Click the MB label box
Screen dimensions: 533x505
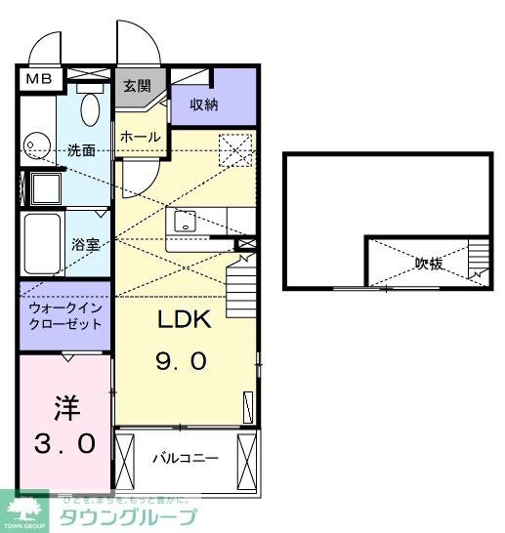click(x=39, y=79)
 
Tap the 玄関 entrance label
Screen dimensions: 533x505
click(x=136, y=86)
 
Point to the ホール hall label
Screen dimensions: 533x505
click(x=140, y=138)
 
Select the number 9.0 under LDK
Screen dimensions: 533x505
click(x=181, y=362)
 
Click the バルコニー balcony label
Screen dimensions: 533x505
click(x=185, y=458)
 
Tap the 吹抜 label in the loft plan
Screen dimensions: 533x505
click(x=428, y=263)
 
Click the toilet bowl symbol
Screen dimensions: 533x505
click(x=91, y=108)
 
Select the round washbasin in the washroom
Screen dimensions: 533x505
click(x=36, y=145)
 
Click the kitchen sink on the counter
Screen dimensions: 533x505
click(x=185, y=223)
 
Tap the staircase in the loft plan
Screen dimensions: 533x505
click(x=478, y=261)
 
